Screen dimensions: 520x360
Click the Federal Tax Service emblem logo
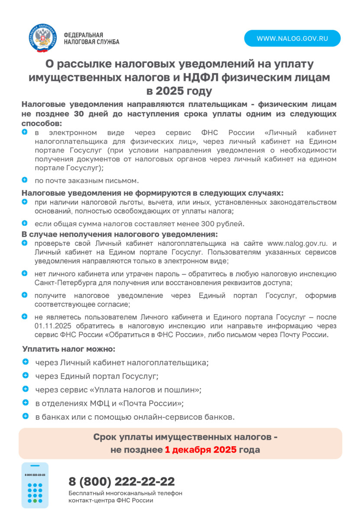coord(43,38)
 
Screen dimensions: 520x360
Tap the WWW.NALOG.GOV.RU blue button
coord(292,39)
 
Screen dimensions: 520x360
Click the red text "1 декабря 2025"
coord(201,450)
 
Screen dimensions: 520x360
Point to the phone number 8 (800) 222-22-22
coord(122,481)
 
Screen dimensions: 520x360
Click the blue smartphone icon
coord(35,485)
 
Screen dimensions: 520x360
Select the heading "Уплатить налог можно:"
coord(69,349)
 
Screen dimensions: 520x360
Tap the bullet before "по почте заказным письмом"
coord(25,180)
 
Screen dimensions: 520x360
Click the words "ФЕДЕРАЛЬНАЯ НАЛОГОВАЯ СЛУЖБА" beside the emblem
coord(91,39)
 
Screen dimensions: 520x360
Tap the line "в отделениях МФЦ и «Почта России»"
coord(110,403)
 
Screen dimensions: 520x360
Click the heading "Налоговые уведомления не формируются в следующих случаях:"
coord(152,193)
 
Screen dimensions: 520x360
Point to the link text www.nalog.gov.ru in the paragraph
coord(297,244)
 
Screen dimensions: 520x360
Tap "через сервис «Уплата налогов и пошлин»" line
coord(118,390)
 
